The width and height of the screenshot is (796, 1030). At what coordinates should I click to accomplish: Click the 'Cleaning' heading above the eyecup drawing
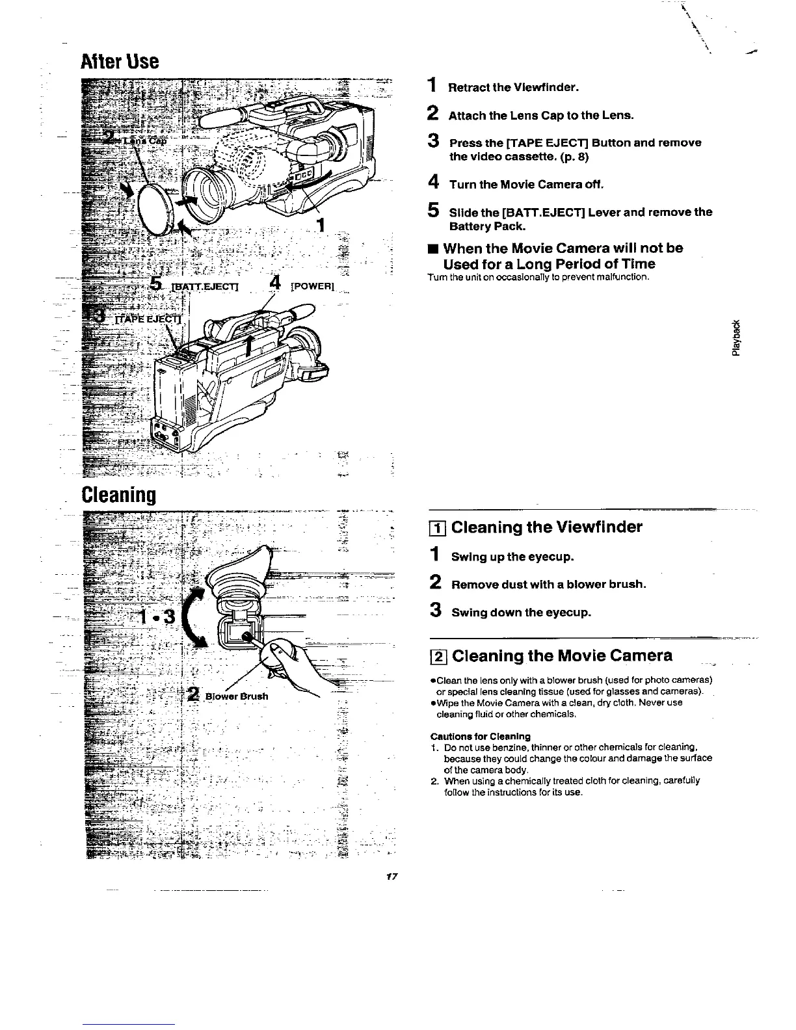(x=118, y=495)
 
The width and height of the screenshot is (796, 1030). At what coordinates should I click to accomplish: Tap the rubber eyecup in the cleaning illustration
(x=239, y=573)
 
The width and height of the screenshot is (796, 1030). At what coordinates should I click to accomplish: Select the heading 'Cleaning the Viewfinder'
(x=546, y=527)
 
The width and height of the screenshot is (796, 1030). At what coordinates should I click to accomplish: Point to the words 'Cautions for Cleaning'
(x=481, y=736)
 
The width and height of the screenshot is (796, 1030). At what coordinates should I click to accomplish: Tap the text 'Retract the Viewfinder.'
(x=513, y=87)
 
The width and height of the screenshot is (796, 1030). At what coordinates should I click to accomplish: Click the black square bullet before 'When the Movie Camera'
(x=432, y=249)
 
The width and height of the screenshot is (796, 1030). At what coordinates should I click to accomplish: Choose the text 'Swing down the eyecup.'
(x=521, y=613)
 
